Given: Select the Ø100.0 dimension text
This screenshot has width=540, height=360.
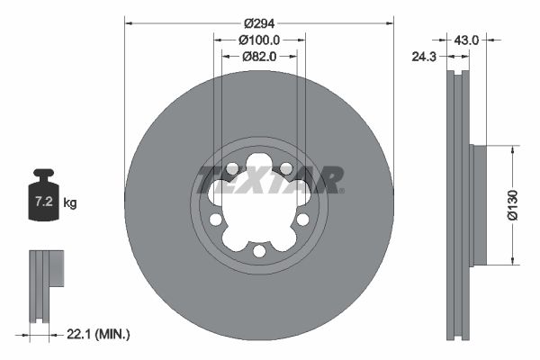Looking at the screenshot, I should (x=260, y=40).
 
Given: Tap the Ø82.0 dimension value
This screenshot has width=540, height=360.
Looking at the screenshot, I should (x=260, y=56).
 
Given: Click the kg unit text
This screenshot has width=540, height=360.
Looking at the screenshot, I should (x=70, y=203).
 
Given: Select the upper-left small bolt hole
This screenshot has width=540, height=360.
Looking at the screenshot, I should (x=232, y=168).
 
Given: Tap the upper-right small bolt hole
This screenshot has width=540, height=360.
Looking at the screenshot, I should (x=285, y=168).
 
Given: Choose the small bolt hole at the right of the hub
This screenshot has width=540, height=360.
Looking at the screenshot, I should (x=302, y=219).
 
